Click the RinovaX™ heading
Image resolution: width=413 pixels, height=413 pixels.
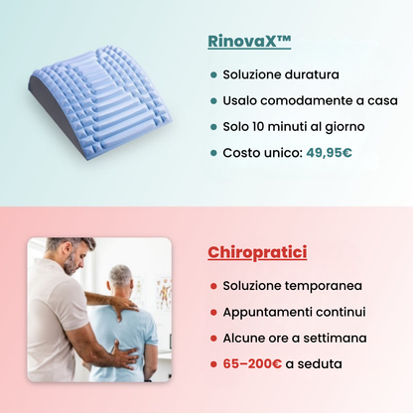click(249, 42)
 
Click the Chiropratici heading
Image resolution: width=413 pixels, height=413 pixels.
click(257, 252)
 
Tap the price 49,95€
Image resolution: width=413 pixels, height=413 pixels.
click(329, 153)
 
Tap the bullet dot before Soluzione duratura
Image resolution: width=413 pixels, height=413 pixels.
click(213, 74)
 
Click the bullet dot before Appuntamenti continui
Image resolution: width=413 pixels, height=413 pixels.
click(213, 312)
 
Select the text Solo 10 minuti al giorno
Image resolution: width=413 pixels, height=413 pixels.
click(294, 126)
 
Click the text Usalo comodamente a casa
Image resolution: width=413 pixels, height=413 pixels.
click(310, 100)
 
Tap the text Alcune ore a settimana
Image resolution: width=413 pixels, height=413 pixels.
click(295, 338)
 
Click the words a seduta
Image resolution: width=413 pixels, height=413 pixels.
click(316, 364)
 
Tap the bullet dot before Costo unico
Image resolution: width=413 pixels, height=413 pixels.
click(213, 153)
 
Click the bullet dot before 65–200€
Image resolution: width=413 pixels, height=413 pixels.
click(213, 364)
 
